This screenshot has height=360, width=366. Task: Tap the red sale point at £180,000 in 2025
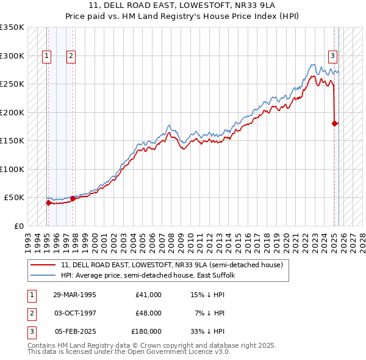tap(334, 123)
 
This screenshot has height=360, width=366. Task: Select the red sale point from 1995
tap(48, 203)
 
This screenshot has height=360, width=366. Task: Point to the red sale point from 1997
tap(73, 198)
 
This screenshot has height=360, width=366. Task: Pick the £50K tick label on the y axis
tap(15, 198)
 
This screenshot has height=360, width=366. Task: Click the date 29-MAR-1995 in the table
tap(74, 295)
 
